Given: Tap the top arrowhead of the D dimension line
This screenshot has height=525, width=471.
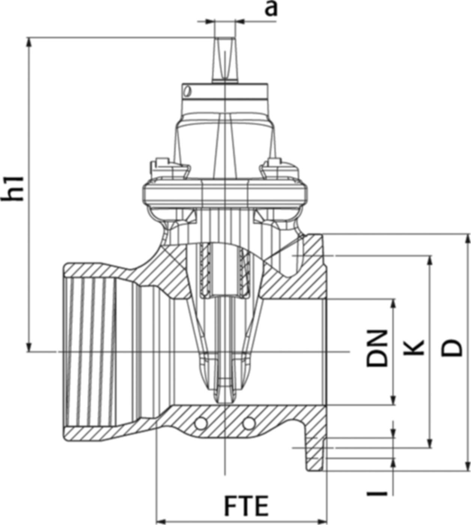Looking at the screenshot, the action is point(468,239).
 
